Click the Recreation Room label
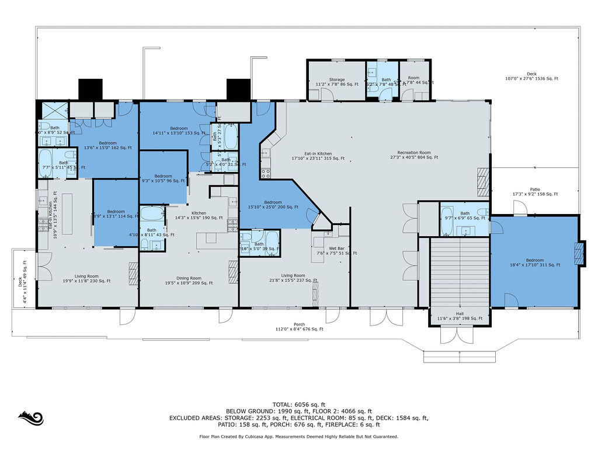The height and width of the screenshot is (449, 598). [413, 155]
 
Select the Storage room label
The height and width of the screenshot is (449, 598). [336, 82]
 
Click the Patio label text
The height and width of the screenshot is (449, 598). [535, 192]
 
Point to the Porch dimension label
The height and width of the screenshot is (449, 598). [299, 327]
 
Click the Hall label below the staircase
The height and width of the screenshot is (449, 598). [459, 316]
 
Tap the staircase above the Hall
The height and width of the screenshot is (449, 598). [460, 272]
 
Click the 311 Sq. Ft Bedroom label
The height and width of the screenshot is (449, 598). [534, 263]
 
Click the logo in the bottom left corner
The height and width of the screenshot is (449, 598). [31, 419]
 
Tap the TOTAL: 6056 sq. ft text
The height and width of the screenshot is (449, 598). [298, 404]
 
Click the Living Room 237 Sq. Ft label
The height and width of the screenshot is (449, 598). [293, 278]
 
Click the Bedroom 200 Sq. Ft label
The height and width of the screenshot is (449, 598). [273, 204]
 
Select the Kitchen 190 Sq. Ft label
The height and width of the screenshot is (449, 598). [199, 215]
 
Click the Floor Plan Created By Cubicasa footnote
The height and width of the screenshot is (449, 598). [298, 436]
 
